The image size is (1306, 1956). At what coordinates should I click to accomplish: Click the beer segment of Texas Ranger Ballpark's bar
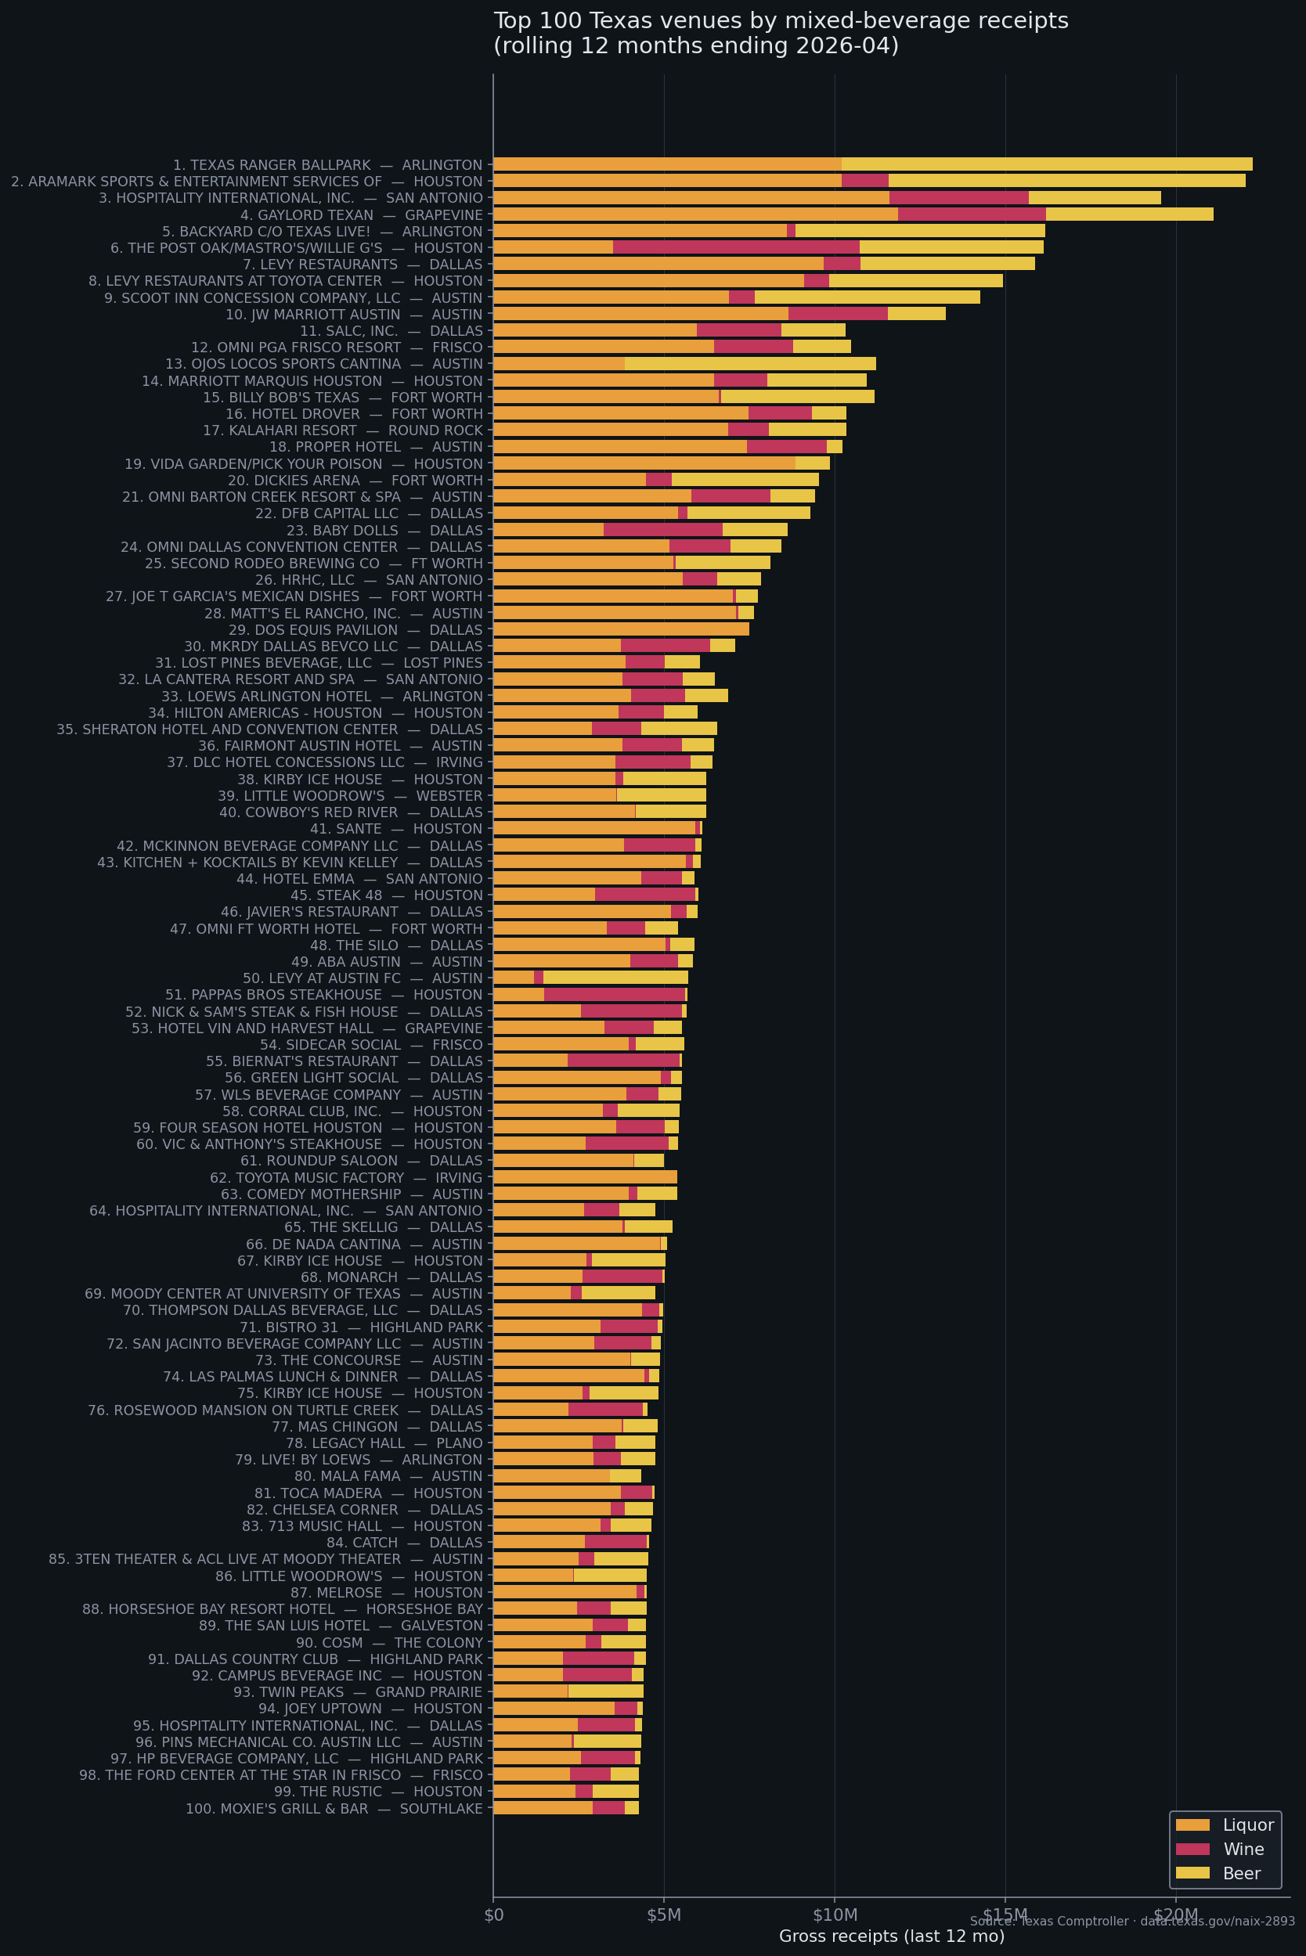click(x=1046, y=164)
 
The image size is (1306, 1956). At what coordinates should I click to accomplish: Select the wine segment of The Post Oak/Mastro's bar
click(x=735, y=247)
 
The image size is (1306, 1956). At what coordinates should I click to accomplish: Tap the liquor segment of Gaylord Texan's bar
click(x=694, y=214)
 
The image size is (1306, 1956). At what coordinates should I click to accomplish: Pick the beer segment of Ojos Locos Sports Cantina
click(x=749, y=364)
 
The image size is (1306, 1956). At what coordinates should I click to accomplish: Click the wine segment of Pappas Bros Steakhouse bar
click(x=614, y=994)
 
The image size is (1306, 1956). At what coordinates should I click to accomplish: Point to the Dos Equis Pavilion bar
click(x=621, y=629)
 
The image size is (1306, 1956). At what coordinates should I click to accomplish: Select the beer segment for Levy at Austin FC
click(x=615, y=978)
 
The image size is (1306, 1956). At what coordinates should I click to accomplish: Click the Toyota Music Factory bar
click(x=585, y=1176)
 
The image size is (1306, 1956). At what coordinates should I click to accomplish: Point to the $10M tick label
click(x=835, y=1915)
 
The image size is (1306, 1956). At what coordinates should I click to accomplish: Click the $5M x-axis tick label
click(x=664, y=1915)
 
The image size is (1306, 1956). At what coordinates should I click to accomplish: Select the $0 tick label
click(x=493, y=1915)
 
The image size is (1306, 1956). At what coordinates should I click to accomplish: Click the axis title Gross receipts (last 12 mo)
click(x=891, y=1937)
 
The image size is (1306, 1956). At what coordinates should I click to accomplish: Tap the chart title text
click(x=780, y=34)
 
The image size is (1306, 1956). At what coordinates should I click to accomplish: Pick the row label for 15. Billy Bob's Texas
click(x=342, y=397)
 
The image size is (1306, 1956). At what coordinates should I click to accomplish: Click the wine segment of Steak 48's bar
click(x=644, y=895)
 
